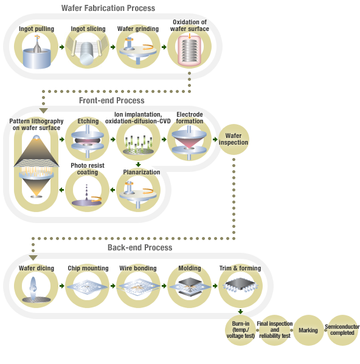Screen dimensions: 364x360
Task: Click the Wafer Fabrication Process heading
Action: (108, 9)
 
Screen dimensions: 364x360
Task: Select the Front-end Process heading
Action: (112, 100)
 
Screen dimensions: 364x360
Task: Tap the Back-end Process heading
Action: (140, 247)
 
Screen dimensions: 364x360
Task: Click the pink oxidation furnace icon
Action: (190, 51)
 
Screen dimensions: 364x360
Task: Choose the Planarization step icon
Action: (139, 193)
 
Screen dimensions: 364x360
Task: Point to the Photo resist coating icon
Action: (88, 193)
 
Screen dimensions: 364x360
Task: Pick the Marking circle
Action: (309, 330)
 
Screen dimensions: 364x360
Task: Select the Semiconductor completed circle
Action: (342, 330)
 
